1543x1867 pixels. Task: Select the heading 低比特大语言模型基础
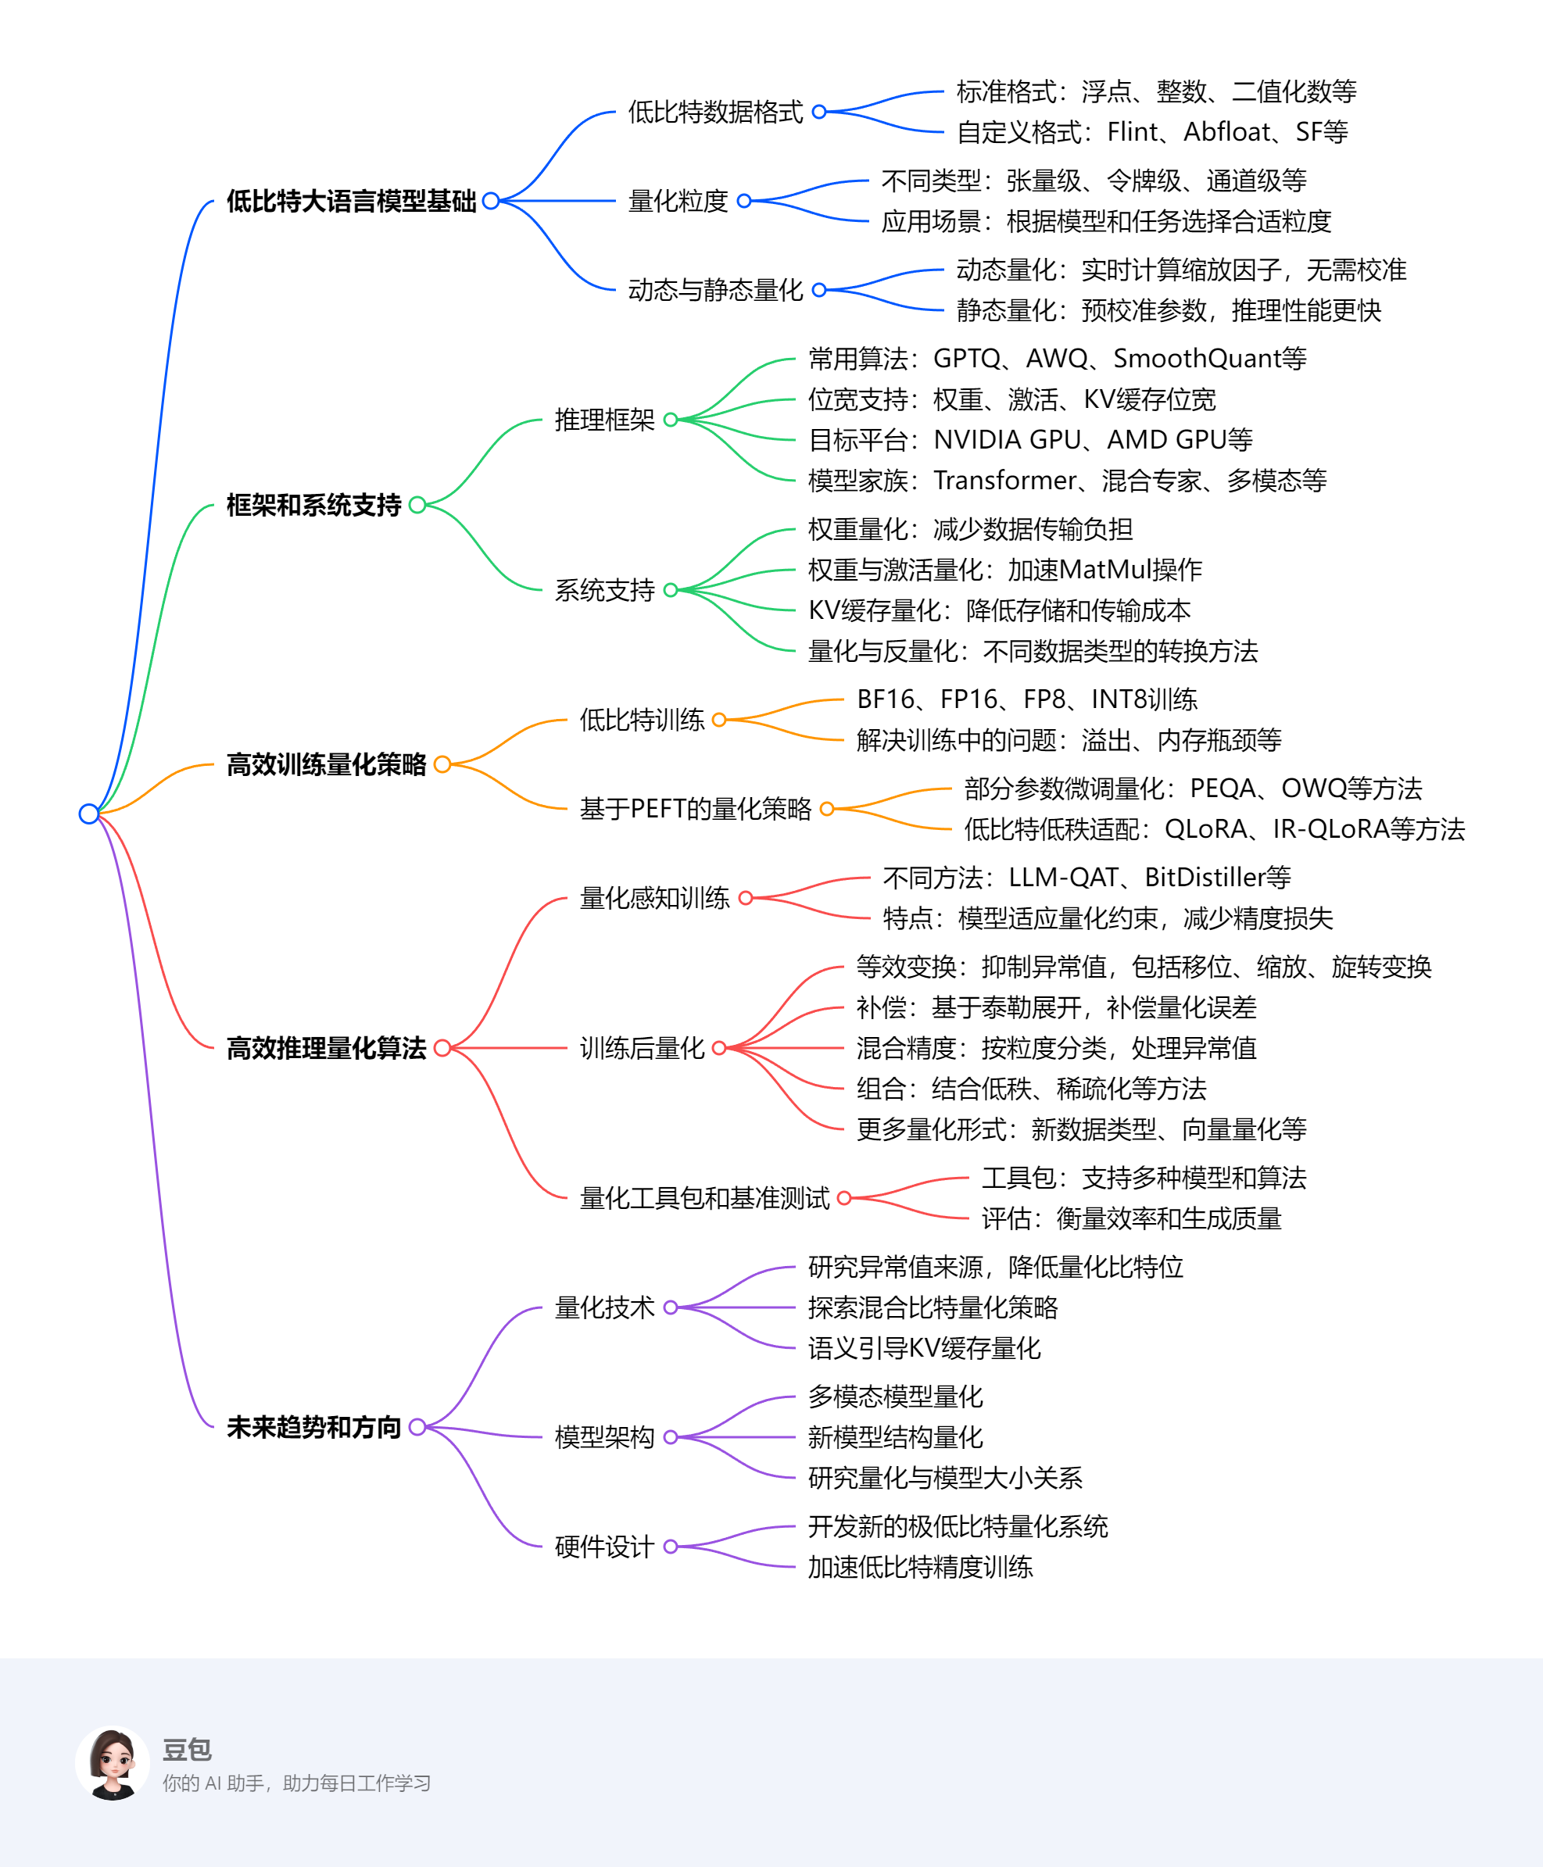pos(351,201)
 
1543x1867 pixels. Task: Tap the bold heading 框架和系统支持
pos(313,505)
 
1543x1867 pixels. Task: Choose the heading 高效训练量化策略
pos(326,764)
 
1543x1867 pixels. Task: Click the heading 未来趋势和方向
pos(313,1427)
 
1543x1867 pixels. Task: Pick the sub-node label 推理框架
pos(604,420)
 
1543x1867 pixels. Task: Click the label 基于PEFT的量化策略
pos(695,809)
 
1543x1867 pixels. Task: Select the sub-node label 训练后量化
pos(642,1048)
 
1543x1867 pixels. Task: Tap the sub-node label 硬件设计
pos(604,1547)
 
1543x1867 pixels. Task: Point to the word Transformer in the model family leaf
pos(1004,481)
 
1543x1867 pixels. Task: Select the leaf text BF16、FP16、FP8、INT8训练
pos(1026,699)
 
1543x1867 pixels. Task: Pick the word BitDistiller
pos(1205,878)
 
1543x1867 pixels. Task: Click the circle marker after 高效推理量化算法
pos(442,1048)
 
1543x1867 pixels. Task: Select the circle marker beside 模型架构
pos(671,1437)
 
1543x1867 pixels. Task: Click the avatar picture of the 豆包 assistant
pos(113,1763)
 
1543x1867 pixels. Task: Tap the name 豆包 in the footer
pos(187,1750)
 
